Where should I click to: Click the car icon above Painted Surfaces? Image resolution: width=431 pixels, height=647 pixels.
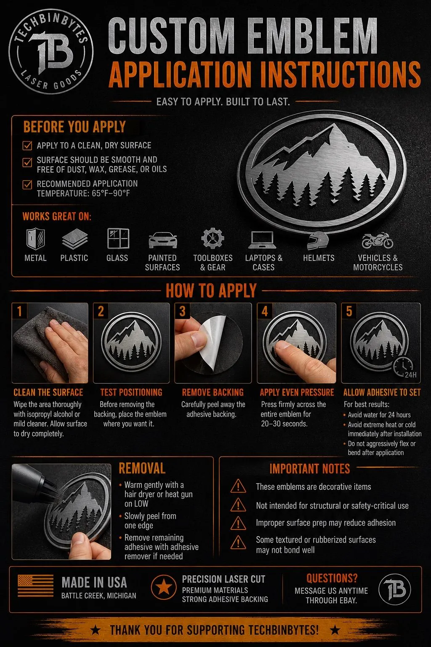[163, 240]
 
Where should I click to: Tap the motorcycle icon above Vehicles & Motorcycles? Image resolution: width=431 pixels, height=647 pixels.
[377, 240]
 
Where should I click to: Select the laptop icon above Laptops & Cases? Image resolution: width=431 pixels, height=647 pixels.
[262, 240]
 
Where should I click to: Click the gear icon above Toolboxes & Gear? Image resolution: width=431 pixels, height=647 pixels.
[213, 238]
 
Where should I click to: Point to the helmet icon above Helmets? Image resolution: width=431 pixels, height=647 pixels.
[317, 241]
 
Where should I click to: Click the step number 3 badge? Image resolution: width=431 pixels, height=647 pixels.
[182, 311]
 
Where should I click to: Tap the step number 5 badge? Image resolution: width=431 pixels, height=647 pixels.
[349, 311]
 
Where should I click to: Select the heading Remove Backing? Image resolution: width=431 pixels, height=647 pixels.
[213, 392]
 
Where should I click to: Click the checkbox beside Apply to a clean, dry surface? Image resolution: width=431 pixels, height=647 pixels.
[27, 146]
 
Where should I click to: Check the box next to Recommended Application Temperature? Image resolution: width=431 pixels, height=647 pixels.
[27, 184]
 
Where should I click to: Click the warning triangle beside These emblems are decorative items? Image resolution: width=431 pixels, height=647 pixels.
[238, 486]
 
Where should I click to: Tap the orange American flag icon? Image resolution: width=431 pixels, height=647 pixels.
[35, 586]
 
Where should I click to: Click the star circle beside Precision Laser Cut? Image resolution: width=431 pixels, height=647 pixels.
[164, 586]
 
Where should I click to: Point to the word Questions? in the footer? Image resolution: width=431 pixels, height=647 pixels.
[332, 578]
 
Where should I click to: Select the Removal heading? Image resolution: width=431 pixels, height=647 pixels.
[142, 468]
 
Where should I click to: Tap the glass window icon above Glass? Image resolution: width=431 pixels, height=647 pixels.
[118, 238]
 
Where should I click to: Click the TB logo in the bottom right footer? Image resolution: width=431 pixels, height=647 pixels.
[394, 590]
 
